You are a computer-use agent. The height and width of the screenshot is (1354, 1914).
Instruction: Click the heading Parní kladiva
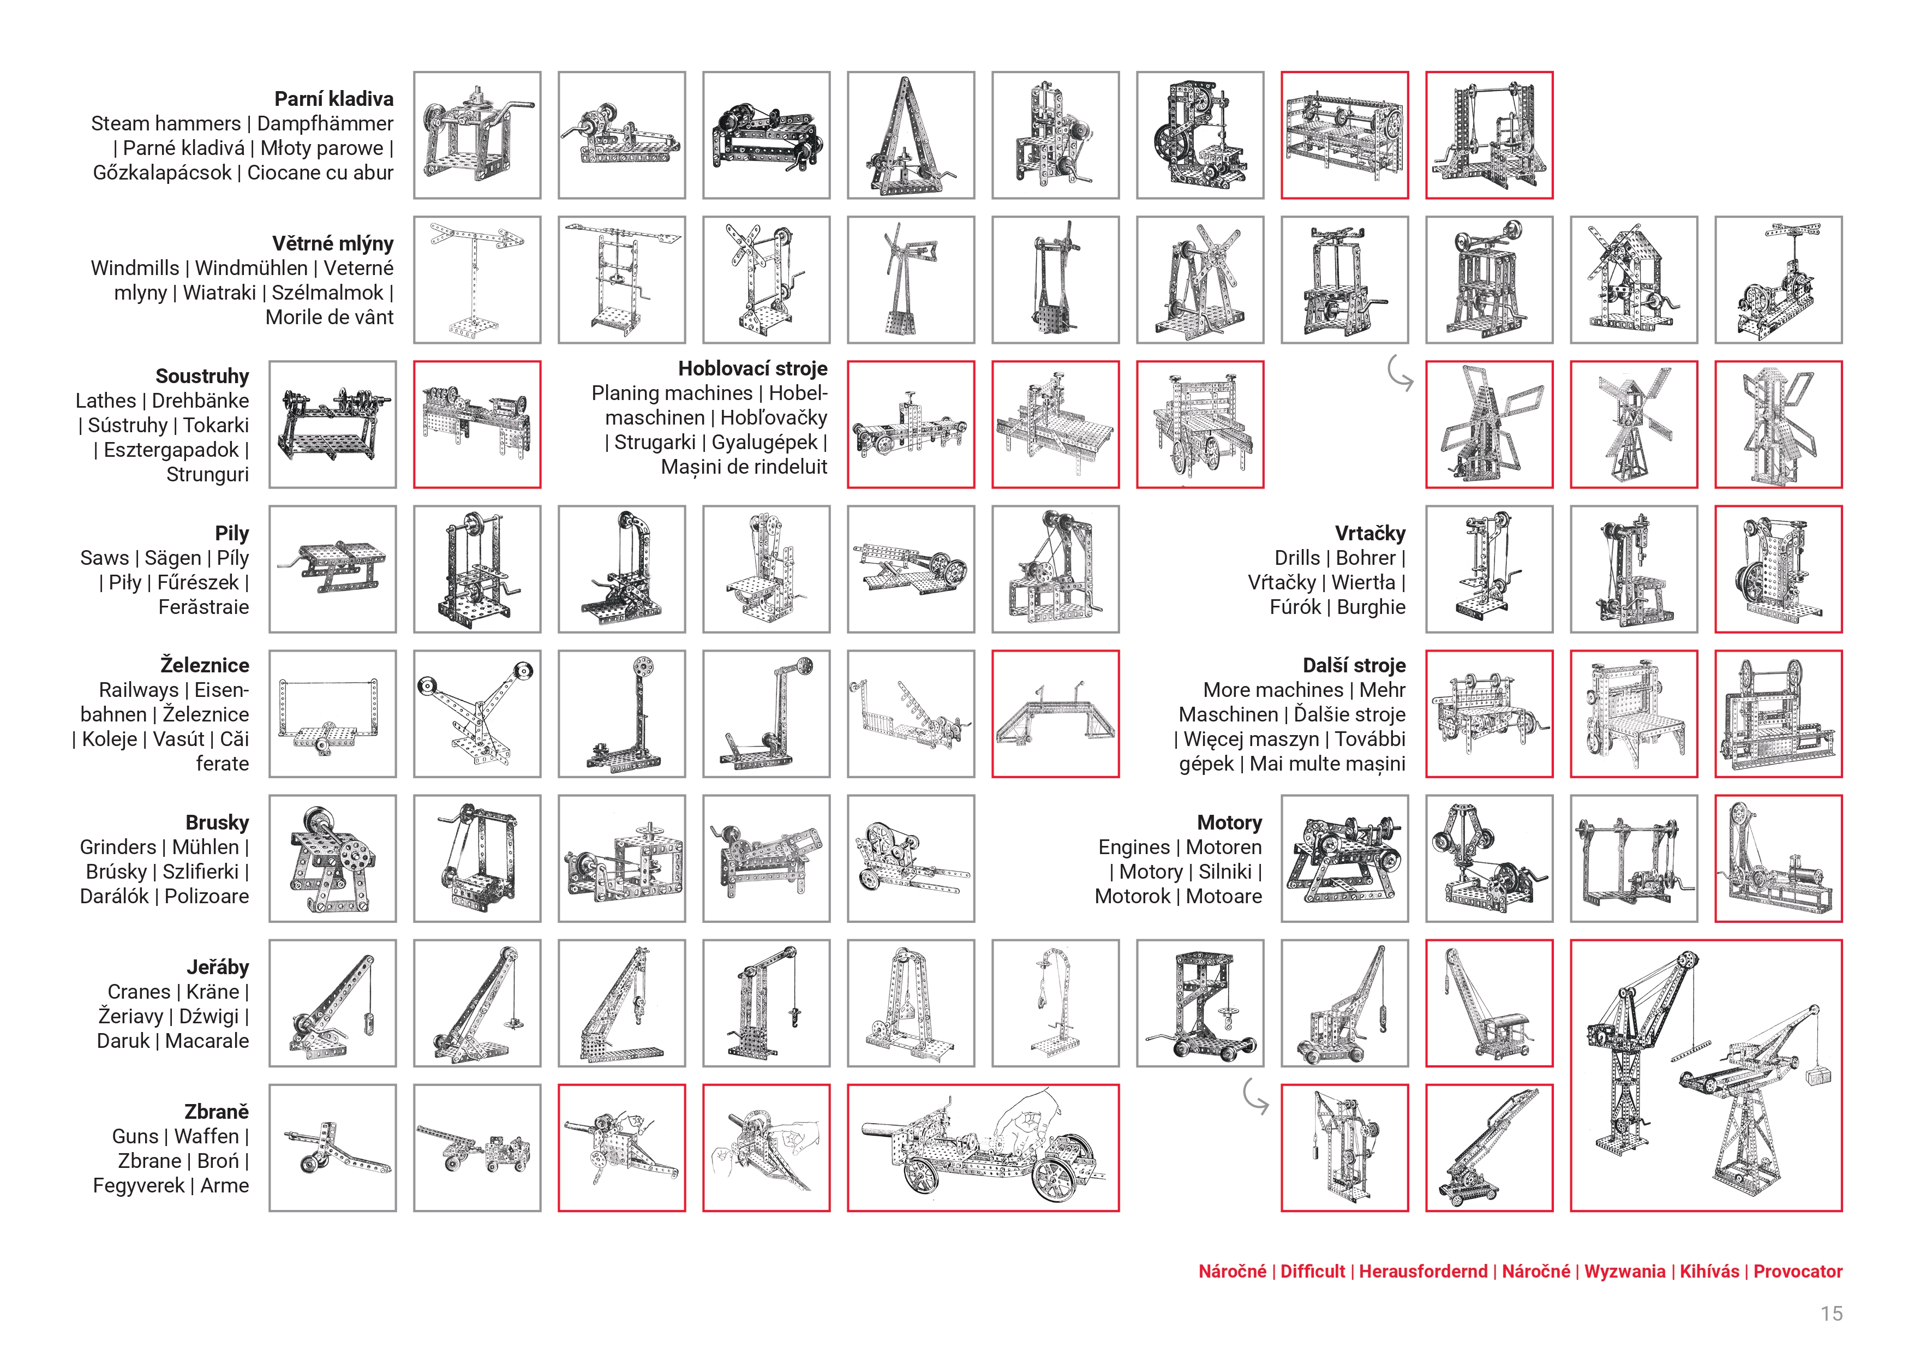[333, 99]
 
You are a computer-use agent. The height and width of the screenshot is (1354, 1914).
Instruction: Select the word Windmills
[135, 269]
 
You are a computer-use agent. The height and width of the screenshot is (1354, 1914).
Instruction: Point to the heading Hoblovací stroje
[753, 368]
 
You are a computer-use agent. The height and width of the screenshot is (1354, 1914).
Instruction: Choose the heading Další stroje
[1354, 665]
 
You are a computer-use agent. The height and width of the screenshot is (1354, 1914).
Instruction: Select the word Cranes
[139, 992]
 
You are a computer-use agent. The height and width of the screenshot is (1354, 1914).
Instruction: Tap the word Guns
[135, 1136]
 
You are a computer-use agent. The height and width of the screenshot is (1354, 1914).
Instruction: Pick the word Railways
[139, 690]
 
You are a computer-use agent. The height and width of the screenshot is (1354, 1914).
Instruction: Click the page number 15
[1832, 1314]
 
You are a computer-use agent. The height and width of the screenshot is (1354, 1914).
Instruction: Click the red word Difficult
[1313, 1272]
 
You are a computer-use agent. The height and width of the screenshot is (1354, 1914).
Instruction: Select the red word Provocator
[1798, 1272]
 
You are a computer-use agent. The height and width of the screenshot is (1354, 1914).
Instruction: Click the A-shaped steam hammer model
[910, 135]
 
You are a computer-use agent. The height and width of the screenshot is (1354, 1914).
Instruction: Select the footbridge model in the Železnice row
[1055, 714]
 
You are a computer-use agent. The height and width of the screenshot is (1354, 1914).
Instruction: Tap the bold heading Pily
[232, 534]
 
